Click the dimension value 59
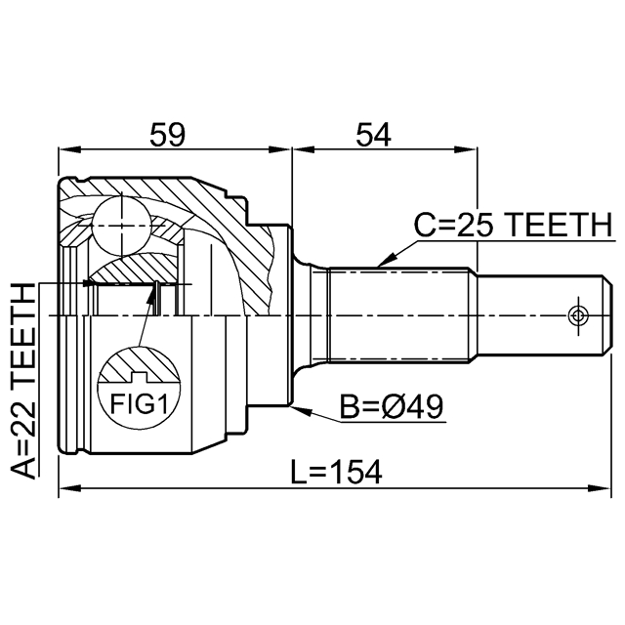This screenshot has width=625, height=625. click(x=168, y=135)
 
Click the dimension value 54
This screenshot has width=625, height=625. click(x=373, y=135)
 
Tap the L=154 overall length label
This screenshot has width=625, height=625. click(x=336, y=472)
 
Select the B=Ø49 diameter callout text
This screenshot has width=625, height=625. click(x=392, y=407)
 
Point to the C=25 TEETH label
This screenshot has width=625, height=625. click(x=514, y=225)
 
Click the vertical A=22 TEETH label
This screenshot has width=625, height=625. click(x=22, y=380)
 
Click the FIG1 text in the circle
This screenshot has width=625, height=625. click(x=139, y=403)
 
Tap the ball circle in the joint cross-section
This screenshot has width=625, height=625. click(x=121, y=226)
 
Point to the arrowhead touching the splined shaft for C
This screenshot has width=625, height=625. click(x=385, y=261)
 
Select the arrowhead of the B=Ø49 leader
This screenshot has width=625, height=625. click(x=301, y=410)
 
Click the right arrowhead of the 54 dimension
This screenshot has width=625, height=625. click(x=466, y=149)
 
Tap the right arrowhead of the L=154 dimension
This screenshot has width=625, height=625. click(x=600, y=488)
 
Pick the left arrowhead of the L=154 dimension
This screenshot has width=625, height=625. click(x=69, y=488)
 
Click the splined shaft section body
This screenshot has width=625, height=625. click(x=399, y=315)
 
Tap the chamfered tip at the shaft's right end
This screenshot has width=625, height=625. click(x=607, y=315)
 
